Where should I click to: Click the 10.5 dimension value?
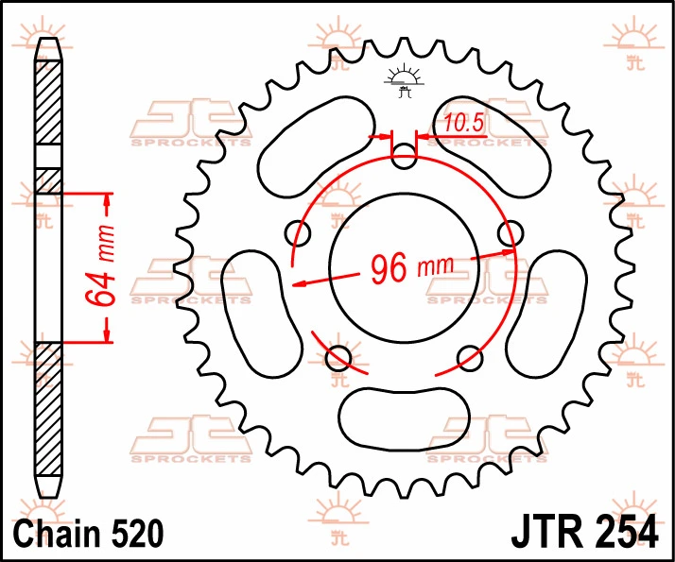click(463, 123)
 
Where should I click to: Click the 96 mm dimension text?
click(412, 269)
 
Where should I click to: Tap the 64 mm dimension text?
click(100, 265)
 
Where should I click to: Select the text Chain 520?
click(89, 533)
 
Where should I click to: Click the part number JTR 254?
click(584, 533)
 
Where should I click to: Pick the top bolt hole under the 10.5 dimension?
click(405, 156)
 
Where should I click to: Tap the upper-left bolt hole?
click(298, 233)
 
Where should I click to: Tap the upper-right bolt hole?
click(511, 233)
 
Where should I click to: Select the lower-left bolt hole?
click(338, 358)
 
